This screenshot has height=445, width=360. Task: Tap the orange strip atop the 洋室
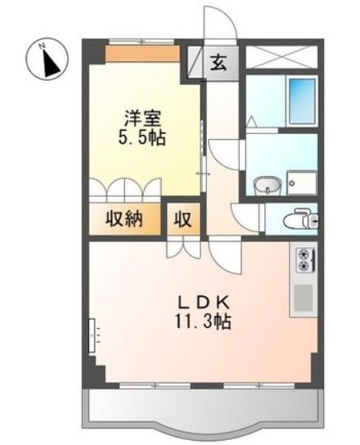142,54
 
